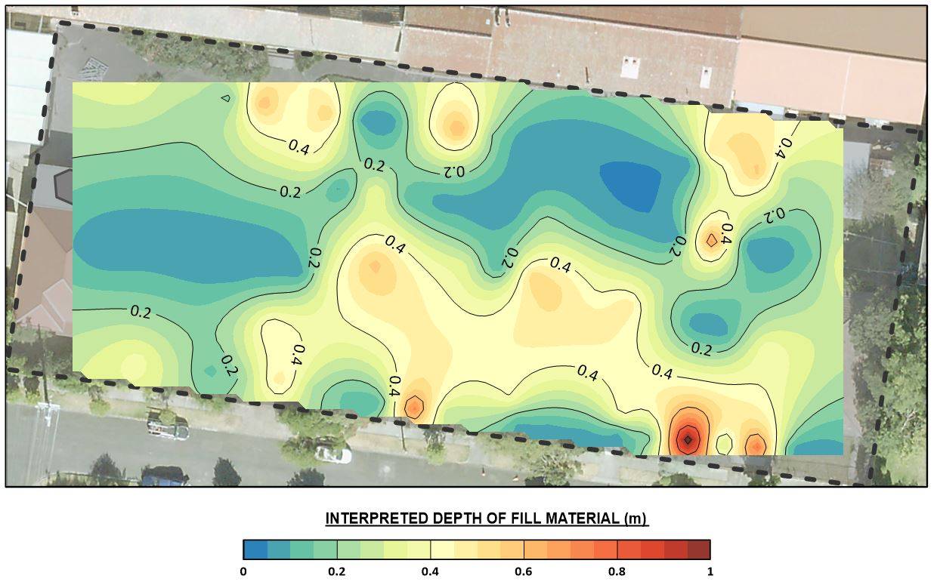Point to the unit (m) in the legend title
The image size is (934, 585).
(x=637, y=519)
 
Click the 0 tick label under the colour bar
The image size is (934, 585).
(x=243, y=571)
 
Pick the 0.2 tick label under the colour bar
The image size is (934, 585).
(x=337, y=571)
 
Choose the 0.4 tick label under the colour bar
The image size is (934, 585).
(x=430, y=571)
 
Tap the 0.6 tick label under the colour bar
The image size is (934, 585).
(x=524, y=571)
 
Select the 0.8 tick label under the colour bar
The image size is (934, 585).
(x=617, y=571)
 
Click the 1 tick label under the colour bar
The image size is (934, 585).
(x=710, y=571)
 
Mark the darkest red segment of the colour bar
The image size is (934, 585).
(x=699, y=550)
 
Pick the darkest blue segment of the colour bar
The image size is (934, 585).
(x=255, y=550)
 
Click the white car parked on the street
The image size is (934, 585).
(x=333, y=454)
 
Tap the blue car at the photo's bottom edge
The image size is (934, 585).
(x=163, y=476)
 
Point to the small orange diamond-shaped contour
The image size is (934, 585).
(x=712, y=240)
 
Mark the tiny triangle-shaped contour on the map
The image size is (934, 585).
(x=225, y=97)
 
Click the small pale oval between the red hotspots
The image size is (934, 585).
(x=724, y=444)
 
